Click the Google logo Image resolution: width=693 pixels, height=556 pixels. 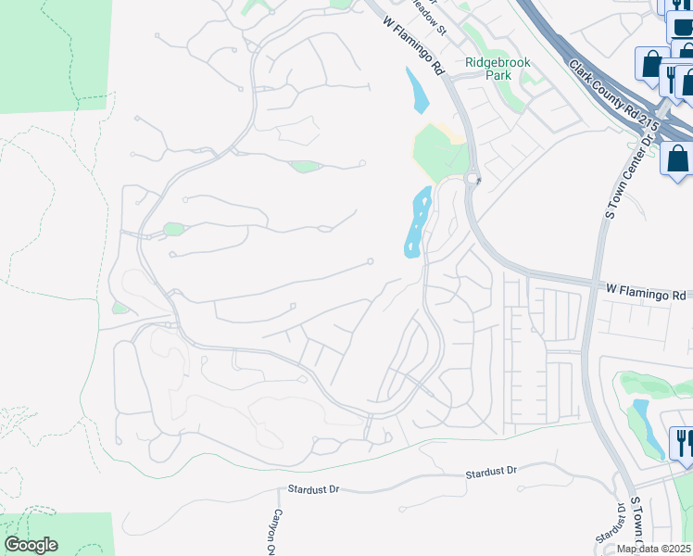(31, 545)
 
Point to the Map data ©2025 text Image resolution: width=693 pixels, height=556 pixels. (653, 549)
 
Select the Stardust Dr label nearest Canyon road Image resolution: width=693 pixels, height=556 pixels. (314, 486)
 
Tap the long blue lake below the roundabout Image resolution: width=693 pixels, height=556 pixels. (415, 222)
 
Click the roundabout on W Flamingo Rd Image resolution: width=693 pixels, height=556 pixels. (472, 179)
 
